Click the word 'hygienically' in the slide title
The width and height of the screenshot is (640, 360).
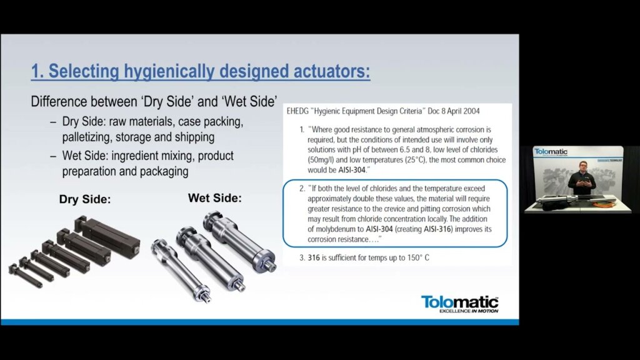pyautogui.click(x=169, y=71)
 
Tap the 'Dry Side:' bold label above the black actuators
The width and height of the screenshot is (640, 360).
pyautogui.click(x=85, y=199)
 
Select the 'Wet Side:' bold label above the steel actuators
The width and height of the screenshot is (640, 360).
pyautogui.click(x=215, y=198)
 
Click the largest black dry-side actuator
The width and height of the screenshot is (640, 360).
pyautogui.click(x=107, y=237)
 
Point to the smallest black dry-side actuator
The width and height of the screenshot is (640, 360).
pyautogui.click(x=25, y=276)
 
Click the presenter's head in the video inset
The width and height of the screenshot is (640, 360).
pyautogui.click(x=583, y=167)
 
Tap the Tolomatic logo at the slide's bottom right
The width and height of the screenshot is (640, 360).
pyautogui.click(x=459, y=304)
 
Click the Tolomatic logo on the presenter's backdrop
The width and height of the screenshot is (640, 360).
pyautogui.click(x=551, y=152)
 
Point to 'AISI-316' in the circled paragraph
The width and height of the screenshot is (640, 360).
pyautogui.click(x=437, y=229)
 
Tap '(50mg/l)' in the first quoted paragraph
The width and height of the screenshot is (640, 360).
pyautogui.click(x=321, y=159)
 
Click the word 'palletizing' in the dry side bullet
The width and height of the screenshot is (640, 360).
pyautogui.click(x=87, y=137)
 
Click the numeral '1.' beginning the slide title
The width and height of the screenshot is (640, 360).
pyautogui.click(x=37, y=71)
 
